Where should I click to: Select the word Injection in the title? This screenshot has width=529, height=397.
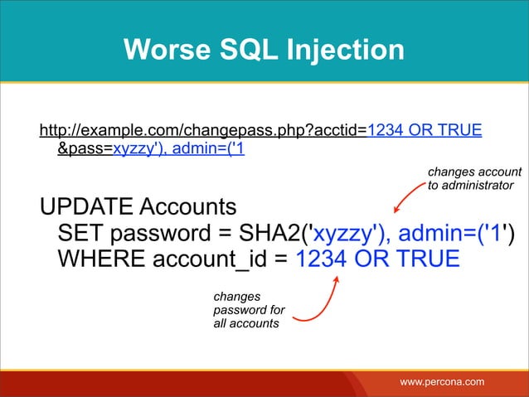(348, 50)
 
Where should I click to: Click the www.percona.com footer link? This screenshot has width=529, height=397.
(442, 381)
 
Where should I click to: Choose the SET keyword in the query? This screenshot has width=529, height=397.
(81, 233)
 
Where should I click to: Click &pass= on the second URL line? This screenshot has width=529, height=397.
(85, 150)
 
